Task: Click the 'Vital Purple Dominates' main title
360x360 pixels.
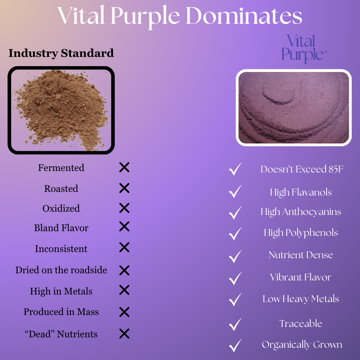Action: (180, 17)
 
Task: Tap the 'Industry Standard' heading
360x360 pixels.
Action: (61, 53)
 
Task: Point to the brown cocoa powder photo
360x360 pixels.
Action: (61, 110)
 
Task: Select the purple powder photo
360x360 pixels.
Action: (293, 107)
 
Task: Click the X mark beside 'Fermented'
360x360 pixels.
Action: (124, 167)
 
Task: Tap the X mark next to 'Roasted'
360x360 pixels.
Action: (124, 188)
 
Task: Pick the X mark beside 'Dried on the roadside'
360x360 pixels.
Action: (124, 270)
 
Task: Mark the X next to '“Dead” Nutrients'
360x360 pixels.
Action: (124, 334)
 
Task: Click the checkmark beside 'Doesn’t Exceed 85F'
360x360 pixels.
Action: (235, 169)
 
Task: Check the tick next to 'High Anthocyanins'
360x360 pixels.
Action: (235, 212)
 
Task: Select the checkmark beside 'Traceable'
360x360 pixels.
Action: (235, 324)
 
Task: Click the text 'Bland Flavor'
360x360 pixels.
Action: (61, 228)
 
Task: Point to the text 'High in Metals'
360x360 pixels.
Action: (61, 291)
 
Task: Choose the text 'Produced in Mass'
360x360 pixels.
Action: (61, 312)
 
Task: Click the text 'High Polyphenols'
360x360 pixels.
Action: (301, 233)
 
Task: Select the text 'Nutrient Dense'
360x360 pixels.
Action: (301, 255)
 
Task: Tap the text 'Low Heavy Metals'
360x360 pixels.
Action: (301, 299)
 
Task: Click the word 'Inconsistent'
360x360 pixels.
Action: (61, 249)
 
